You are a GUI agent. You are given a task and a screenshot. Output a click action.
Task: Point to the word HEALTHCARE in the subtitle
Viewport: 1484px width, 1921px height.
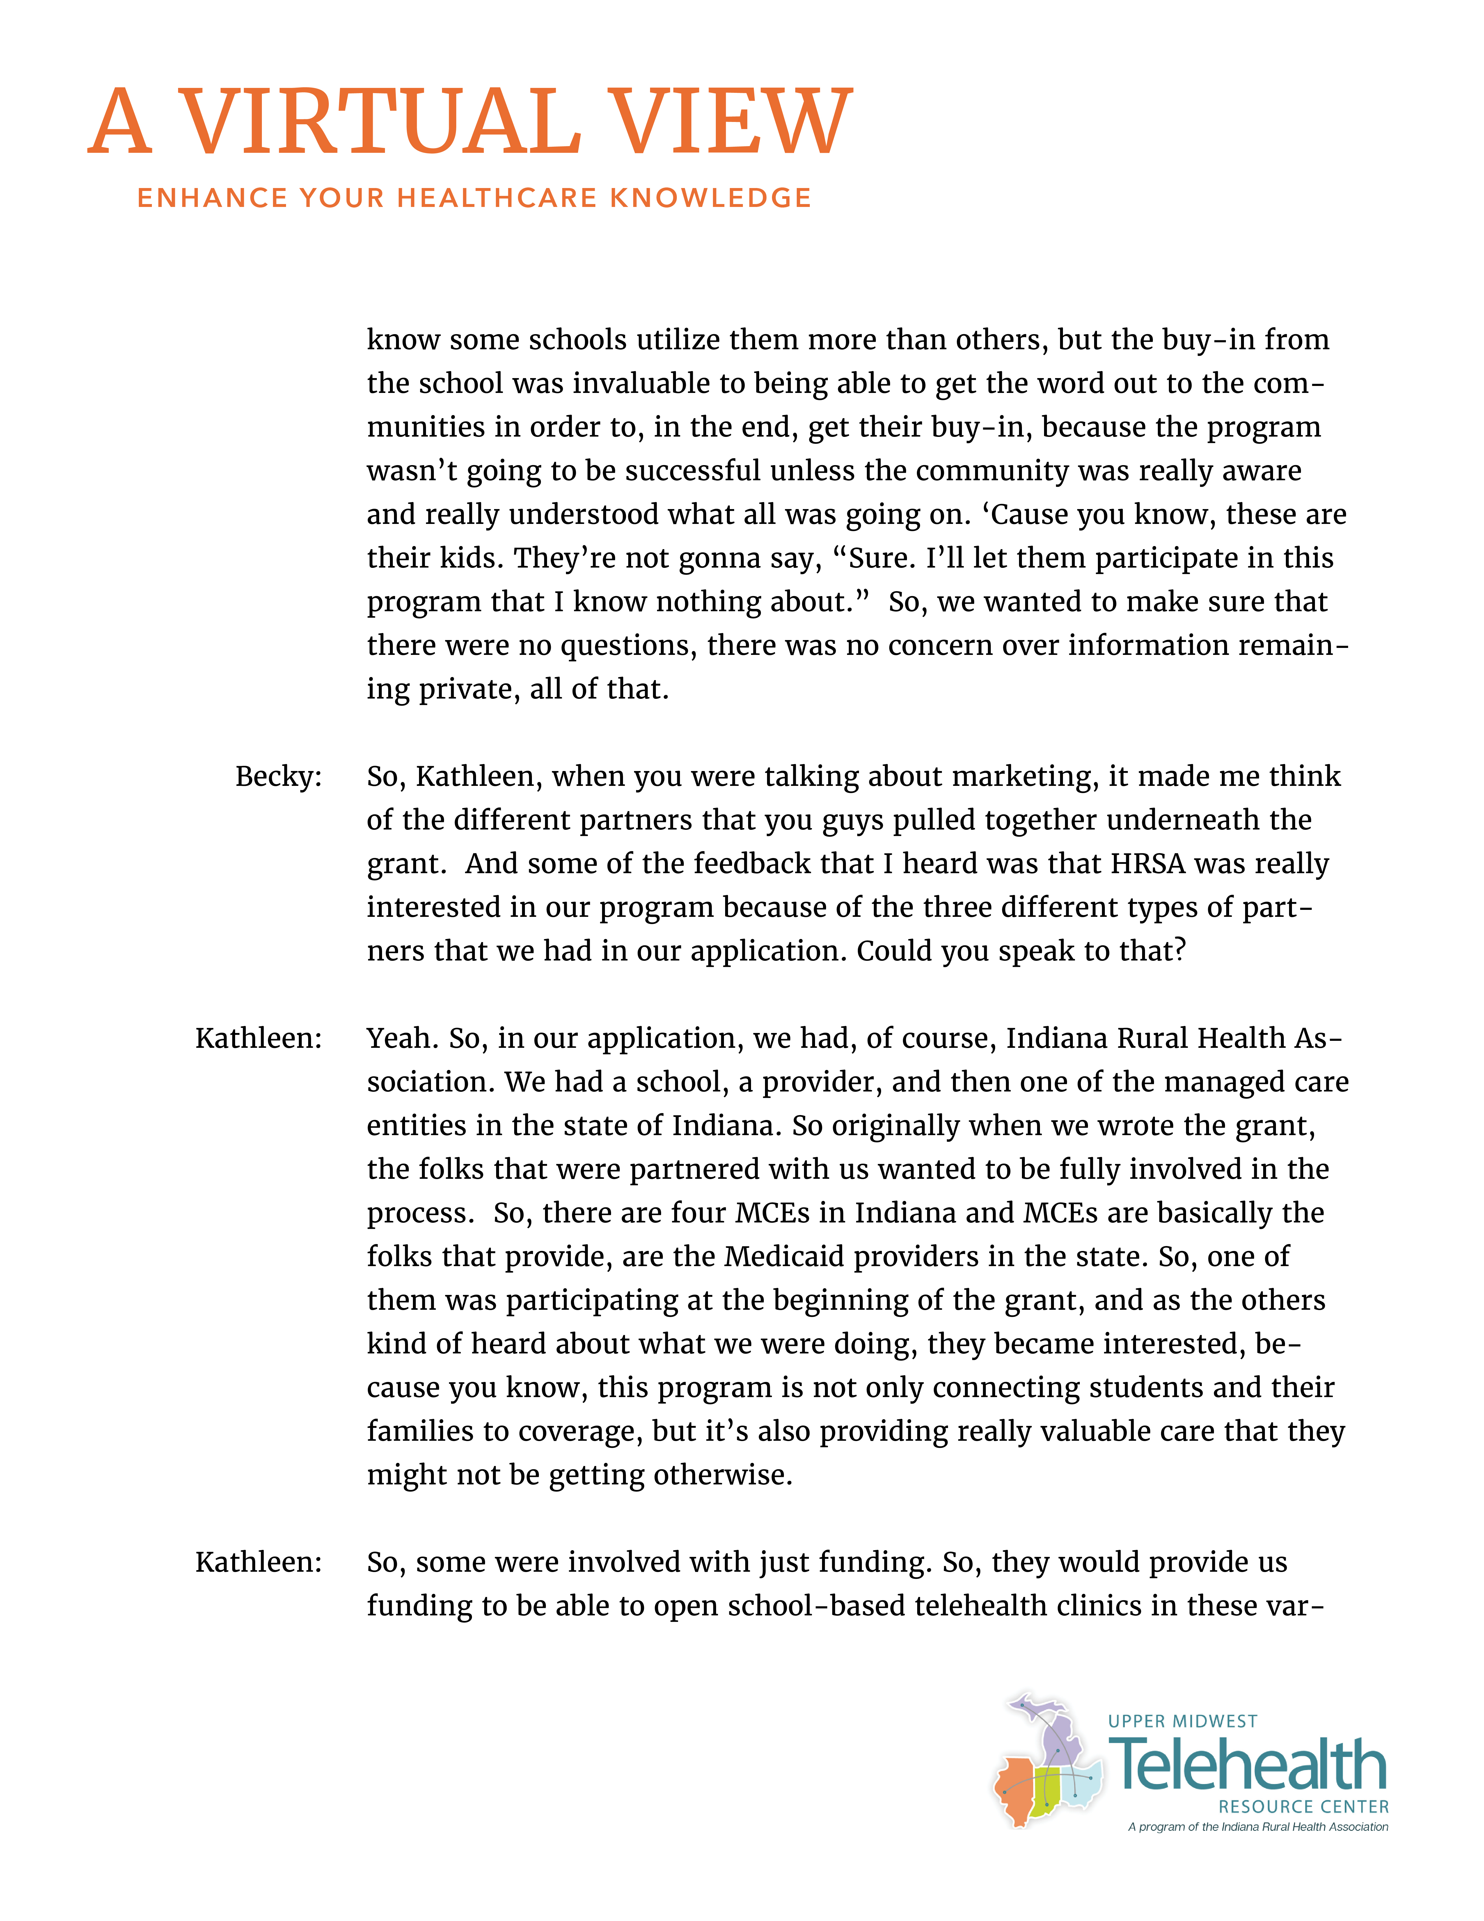[497, 198]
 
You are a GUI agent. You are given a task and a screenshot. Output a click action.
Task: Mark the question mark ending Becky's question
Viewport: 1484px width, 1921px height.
[1179, 951]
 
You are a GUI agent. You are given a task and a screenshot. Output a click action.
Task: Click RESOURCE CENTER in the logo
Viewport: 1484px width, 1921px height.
[1303, 1807]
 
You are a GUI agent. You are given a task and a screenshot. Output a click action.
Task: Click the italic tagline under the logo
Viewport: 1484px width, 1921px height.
[1258, 1827]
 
